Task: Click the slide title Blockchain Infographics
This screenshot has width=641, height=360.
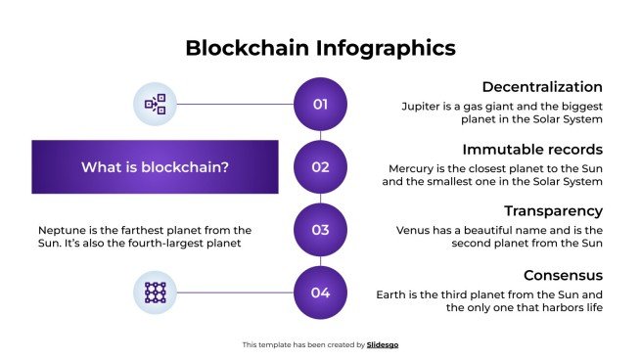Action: pyautogui.click(x=320, y=48)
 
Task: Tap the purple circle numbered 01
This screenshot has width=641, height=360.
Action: pyautogui.click(x=320, y=104)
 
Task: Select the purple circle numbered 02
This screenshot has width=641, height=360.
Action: pyautogui.click(x=320, y=167)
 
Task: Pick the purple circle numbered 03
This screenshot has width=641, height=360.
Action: pyautogui.click(x=320, y=230)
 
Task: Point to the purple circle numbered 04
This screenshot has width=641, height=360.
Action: pyautogui.click(x=320, y=292)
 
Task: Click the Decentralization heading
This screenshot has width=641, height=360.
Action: pyautogui.click(x=542, y=86)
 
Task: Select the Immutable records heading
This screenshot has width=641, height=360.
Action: pyautogui.click(x=531, y=150)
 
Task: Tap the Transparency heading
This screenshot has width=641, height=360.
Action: pyautogui.click(x=553, y=211)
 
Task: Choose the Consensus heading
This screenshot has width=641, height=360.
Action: pyautogui.click(x=562, y=275)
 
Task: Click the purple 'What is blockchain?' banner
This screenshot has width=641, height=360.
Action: pyautogui.click(x=155, y=167)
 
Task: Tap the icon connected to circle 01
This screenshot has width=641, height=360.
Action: pyautogui.click(x=155, y=104)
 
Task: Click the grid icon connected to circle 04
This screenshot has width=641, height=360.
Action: pyautogui.click(x=155, y=292)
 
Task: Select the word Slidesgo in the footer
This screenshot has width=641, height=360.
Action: pyautogui.click(x=383, y=345)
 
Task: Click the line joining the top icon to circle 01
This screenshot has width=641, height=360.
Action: pyautogui.click(x=235, y=104)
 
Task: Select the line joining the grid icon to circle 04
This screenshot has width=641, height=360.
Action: pyautogui.click(x=235, y=292)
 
